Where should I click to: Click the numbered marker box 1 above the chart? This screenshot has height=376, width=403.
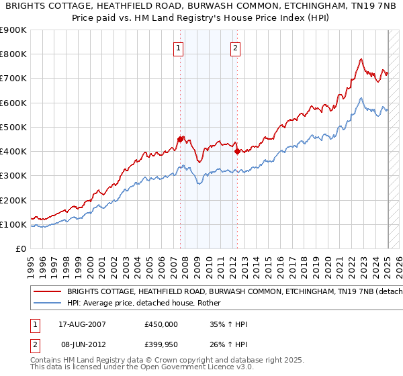click(179, 48)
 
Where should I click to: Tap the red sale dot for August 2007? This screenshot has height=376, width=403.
click(180, 139)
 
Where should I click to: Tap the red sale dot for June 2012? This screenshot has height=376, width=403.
click(237, 151)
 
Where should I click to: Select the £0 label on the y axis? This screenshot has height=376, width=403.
click(21, 248)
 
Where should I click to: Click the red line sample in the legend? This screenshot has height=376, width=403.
click(48, 292)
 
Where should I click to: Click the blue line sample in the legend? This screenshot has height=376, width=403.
click(48, 303)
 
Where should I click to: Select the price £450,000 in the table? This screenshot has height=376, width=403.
click(161, 324)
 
